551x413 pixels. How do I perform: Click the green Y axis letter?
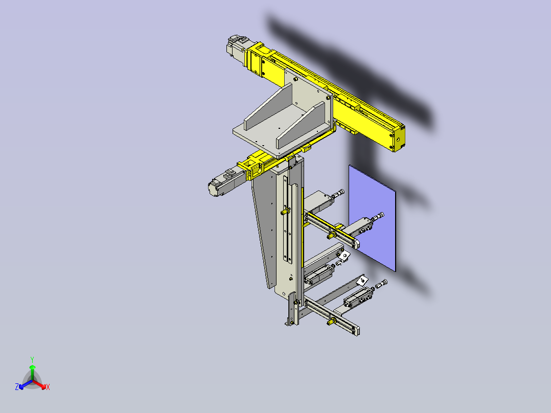click(x=32, y=359)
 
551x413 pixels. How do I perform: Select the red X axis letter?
click(x=48, y=387)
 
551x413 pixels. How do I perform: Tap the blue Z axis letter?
click(x=17, y=387)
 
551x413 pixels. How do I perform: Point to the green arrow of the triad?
click(x=32, y=370)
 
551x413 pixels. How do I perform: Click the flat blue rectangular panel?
click(x=372, y=215)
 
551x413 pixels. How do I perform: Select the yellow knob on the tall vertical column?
click(x=283, y=211)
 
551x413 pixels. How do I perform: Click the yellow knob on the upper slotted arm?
click(x=331, y=235)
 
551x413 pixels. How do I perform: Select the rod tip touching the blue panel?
click(x=380, y=216)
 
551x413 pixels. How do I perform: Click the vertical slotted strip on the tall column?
click(x=286, y=225)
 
